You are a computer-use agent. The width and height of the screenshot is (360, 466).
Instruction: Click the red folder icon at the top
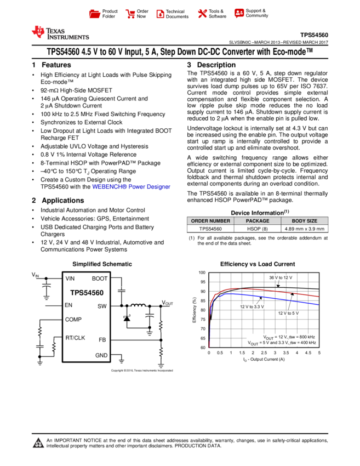coord(95,14)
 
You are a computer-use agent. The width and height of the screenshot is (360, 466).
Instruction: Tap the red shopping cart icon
coord(130,14)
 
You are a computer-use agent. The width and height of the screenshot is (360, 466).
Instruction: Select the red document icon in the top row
coord(161,14)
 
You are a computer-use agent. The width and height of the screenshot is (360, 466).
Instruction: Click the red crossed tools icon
coord(202,14)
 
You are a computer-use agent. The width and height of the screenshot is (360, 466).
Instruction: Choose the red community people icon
coord(239,14)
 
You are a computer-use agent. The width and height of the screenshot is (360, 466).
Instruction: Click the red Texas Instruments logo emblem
coord(38,32)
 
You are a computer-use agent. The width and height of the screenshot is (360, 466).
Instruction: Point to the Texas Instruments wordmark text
coord(67,33)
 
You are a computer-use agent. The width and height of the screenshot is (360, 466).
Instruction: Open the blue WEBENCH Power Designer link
coord(132,187)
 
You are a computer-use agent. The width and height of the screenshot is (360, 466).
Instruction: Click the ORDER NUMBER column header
coord(210,221)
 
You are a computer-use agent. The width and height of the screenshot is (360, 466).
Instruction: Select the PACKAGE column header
coord(258,221)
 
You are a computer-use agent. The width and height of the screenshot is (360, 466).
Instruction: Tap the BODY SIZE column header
coord(305,221)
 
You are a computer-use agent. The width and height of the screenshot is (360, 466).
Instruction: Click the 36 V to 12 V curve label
coord(282,278)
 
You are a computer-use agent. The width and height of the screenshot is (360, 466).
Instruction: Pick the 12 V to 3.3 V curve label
coord(252,306)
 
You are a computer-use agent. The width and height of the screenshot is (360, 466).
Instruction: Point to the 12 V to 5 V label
coord(288,314)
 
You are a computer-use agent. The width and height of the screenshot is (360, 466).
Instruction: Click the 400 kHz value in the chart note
coord(307,343)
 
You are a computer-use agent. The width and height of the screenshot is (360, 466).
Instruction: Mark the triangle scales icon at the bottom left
coord(38,443)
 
